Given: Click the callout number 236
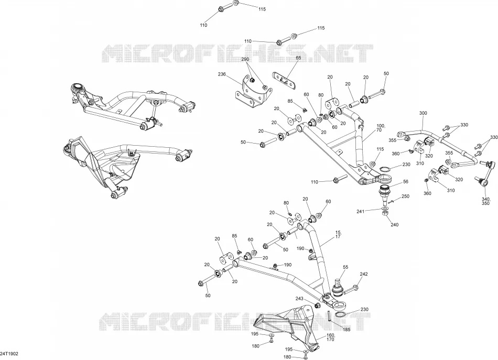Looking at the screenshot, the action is [x=222, y=74].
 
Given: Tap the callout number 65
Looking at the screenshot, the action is [x=299, y=58].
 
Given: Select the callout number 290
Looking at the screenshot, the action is [x=245, y=59].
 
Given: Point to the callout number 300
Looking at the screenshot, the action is [x=423, y=113].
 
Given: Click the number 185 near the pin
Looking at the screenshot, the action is [x=347, y=330].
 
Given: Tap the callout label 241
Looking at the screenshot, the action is [x=360, y=211].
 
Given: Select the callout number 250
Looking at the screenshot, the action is [x=406, y=197].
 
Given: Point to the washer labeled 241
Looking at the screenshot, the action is [x=385, y=209].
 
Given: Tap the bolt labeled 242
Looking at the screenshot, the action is [x=351, y=289].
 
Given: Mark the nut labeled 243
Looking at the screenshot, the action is [x=317, y=306].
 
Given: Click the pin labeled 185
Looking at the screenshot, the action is [x=329, y=315].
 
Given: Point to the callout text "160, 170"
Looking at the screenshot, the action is [x=331, y=337].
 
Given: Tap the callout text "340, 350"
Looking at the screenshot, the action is [x=486, y=201].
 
